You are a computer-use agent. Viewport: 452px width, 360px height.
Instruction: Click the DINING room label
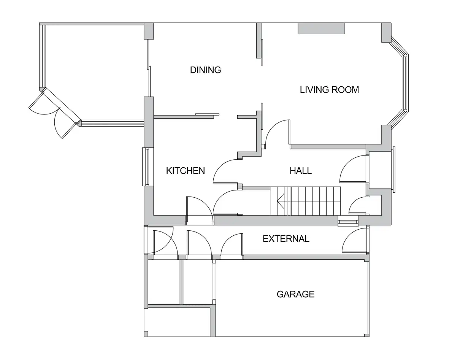206,70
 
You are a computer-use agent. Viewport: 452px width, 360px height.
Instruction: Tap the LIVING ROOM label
329,90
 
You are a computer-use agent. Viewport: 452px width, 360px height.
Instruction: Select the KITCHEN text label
186,171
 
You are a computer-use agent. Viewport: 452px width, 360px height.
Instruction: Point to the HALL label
301,171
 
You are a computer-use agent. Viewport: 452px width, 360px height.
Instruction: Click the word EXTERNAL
286,239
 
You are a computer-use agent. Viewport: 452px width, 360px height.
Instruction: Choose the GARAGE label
295,294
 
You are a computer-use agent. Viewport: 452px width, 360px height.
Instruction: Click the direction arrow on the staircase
281,201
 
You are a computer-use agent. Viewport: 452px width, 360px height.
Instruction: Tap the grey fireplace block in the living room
321,29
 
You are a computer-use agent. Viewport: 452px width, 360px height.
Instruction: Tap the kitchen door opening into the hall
226,171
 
